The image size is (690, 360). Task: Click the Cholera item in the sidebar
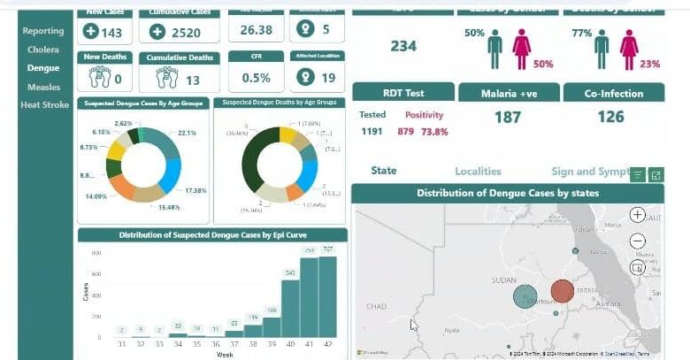point(42,50)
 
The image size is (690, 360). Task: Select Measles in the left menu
point(42,87)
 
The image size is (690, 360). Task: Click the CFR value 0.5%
point(256,78)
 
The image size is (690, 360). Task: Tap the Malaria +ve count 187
point(507,118)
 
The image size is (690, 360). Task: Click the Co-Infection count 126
point(610,118)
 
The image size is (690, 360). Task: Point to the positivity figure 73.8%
point(433,132)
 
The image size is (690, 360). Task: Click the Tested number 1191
point(372,132)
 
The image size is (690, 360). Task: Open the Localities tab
point(478,172)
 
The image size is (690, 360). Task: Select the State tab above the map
point(384,171)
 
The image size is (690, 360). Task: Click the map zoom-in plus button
point(637,215)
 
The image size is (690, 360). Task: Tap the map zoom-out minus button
point(637,241)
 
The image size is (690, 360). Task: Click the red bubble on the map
point(562,291)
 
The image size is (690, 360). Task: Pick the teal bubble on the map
point(525,296)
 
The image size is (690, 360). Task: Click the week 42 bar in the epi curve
point(327,298)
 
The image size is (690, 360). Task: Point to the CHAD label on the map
point(377,306)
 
